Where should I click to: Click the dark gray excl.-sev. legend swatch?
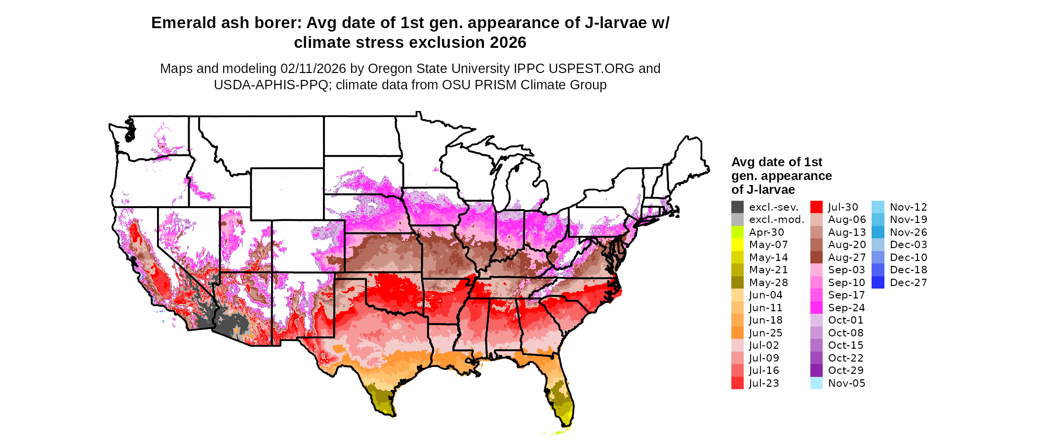[737, 207]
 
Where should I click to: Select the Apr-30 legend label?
[766, 232]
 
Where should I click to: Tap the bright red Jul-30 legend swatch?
[816, 207]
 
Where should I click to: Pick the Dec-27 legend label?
[908, 283]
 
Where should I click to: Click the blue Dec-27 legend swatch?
[877, 283]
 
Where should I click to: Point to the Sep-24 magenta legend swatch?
[816, 308]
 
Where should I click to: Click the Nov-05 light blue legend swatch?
[816, 383]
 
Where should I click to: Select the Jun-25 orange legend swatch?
[737, 333]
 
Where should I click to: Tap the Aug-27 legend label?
[846, 257]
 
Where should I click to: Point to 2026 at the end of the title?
[508, 43]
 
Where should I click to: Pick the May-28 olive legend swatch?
[737, 283]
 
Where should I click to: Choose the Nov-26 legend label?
[908, 232]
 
